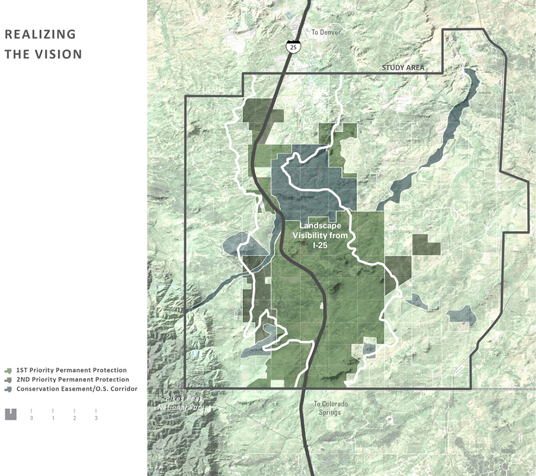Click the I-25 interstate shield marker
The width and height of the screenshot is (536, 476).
point(293,47)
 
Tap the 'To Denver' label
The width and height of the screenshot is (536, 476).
point(326,32)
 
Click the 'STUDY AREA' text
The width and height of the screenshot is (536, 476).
point(403,68)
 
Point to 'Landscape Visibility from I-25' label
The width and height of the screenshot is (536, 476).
point(320,235)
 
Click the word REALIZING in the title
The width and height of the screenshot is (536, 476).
point(40,34)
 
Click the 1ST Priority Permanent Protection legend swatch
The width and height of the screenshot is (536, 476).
point(8,370)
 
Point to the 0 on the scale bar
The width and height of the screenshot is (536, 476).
point(32,418)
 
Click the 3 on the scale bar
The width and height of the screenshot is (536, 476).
point(96,418)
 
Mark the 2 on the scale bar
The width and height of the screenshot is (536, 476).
point(75,418)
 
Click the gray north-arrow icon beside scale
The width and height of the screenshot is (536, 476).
point(11,414)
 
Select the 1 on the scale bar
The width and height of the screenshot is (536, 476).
point(53,418)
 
